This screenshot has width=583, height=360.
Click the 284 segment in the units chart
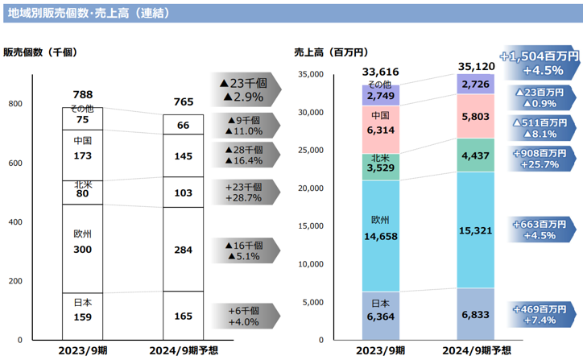tap(183, 250)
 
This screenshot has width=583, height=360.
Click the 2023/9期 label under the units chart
tap(83, 351)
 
